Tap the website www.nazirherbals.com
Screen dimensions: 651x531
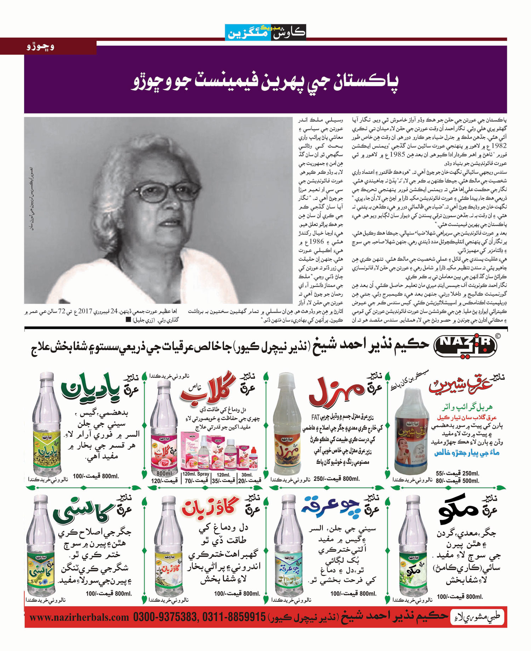point(80,617)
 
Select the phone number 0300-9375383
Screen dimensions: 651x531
point(165,617)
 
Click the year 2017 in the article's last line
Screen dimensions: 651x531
point(85,312)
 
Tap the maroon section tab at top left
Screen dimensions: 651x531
point(48,47)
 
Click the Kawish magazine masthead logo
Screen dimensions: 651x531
point(265,33)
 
